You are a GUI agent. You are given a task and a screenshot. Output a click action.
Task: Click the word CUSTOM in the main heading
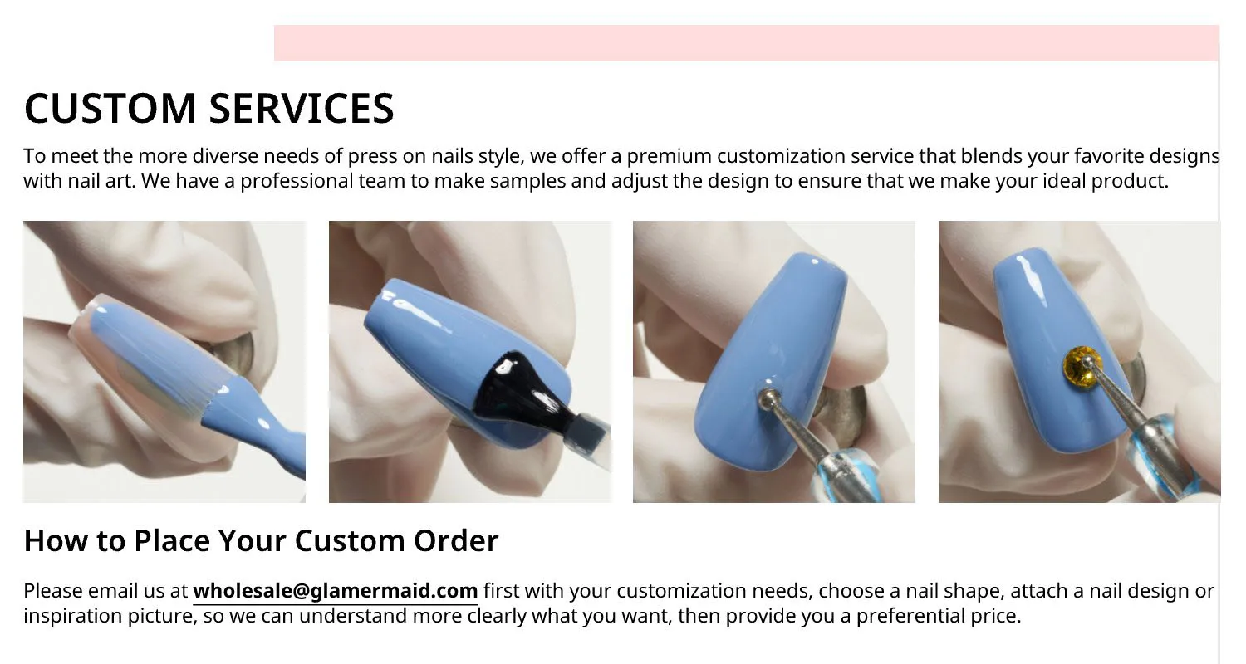pyautogui.click(x=108, y=109)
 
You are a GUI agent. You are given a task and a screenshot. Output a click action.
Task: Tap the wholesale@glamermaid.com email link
pyautogui.click(x=335, y=591)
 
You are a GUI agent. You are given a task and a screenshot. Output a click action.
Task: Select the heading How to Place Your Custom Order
pyautogui.click(x=261, y=540)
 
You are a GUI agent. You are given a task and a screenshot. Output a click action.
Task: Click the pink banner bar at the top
pyautogui.click(x=746, y=43)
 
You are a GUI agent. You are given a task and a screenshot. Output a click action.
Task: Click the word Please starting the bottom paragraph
pyautogui.click(x=53, y=591)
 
